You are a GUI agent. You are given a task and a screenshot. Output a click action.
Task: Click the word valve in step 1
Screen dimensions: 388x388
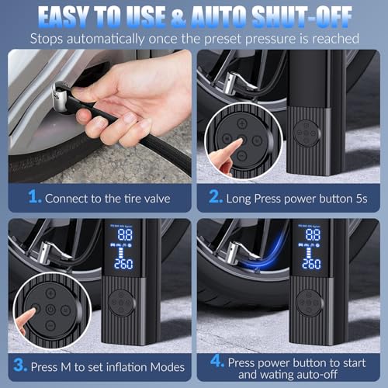[x=158, y=199]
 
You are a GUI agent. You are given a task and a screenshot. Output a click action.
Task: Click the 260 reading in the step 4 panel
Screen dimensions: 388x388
[x=310, y=264]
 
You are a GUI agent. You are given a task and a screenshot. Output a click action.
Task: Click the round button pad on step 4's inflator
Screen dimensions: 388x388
[x=310, y=303]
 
